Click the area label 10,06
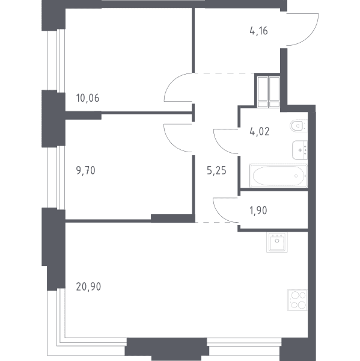point(88,98)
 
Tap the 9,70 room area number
point(85,171)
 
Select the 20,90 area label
point(88,287)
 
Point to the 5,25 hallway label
point(216,171)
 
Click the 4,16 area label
point(258,31)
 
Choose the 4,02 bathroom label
point(260,132)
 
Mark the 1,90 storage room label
point(258,211)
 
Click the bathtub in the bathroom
point(278,176)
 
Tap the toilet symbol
point(299,126)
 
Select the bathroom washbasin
point(300,150)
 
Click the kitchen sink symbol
point(277,242)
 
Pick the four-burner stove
point(297,300)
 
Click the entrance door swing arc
point(311,35)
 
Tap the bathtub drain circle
point(296,176)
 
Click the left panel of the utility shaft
point(263,92)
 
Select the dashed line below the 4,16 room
point(225,73)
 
